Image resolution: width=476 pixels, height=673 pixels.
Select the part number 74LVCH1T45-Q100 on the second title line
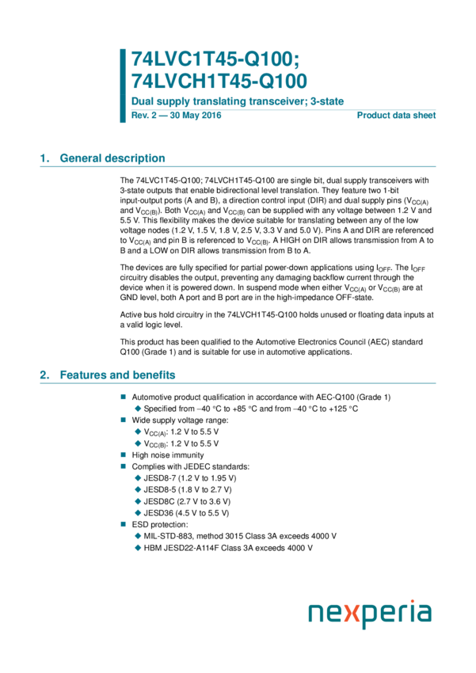click(219, 81)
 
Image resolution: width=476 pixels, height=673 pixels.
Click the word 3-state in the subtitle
click(326, 102)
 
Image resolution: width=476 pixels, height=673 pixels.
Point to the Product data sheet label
click(397, 116)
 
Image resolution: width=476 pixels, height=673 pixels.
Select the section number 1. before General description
click(45, 158)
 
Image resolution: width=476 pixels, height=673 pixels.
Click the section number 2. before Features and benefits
click(45, 375)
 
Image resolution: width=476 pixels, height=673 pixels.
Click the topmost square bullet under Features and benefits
click(123, 396)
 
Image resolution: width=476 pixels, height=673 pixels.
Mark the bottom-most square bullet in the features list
click(123, 524)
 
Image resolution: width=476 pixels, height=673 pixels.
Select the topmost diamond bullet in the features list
click(138, 409)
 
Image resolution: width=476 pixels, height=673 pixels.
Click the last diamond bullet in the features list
click(138, 548)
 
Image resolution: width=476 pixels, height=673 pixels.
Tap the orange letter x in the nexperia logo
click(354, 615)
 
